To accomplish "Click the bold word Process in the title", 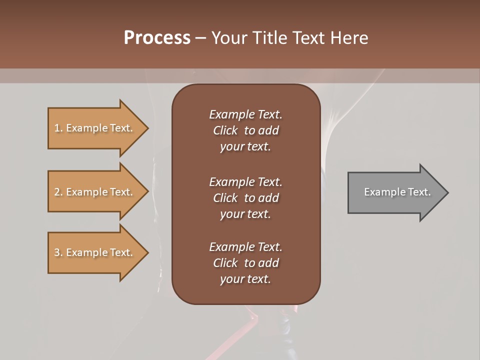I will pos(157,37).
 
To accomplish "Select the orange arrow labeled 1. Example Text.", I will pos(95,128).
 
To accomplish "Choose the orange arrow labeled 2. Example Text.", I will pos(95,192).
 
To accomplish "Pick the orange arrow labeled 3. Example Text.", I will pos(95,252).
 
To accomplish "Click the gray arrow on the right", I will pos(395,192).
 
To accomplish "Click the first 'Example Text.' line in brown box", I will pos(245,114).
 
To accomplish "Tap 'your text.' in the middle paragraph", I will pos(245,214).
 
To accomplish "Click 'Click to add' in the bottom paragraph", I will pos(245,263).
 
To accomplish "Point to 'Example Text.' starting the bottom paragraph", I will pos(245,247).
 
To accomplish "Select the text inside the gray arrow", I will pos(397,192).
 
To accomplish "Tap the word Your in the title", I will pos(227,37).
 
